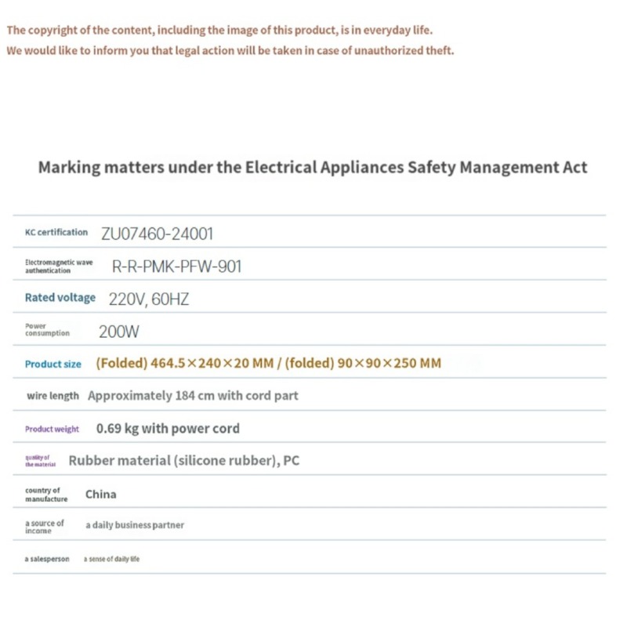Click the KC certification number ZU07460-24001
pyautogui.click(x=157, y=233)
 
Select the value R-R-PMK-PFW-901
pyautogui.click(x=177, y=267)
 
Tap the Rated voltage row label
pyautogui.click(x=60, y=298)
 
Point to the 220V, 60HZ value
pyautogui.click(x=149, y=299)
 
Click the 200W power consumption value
pyautogui.click(x=119, y=332)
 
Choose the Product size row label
pyautogui.click(x=53, y=364)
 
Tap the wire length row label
pyautogui.click(x=53, y=397)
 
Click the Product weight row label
pyautogui.click(x=52, y=430)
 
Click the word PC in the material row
pyautogui.click(x=291, y=461)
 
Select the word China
pyautogui.click(x=101, y=494)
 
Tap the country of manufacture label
pyautogui.click(x=46, y=495)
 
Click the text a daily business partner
pyautogui.click(x=135, y=525)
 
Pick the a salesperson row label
pyautogui.click(x=47, y=559)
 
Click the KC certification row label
pyautogui.click(x=56, y=232)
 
